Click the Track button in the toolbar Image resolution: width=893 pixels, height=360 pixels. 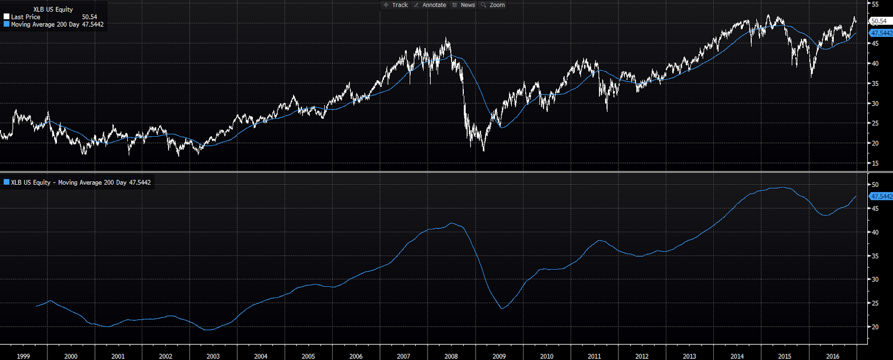[396, 5]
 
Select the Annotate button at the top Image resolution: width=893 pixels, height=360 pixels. [430, 5]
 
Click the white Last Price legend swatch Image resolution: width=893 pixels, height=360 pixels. [7, 17]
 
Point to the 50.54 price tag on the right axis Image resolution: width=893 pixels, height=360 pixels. [879, 21]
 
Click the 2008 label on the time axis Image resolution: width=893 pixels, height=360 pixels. [451, 356]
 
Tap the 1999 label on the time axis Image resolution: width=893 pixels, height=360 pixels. [23, 356]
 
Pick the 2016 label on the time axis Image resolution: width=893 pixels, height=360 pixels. [832, 356]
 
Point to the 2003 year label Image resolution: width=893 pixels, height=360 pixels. [213, 356]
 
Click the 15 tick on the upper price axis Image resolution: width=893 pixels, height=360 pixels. [875, 164]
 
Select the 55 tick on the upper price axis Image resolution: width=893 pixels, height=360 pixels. [875, 4]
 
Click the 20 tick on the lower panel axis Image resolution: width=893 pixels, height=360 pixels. [875, 327]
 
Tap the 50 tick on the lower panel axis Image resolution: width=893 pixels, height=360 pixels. [875, 185]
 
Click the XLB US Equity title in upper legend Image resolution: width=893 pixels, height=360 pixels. [53, 9]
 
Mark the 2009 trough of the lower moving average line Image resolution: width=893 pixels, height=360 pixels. [502, 308]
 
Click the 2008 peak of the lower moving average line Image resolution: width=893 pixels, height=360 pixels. [452, 223]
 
